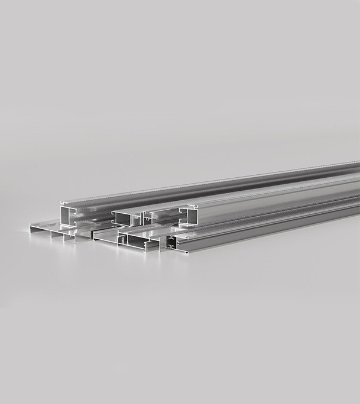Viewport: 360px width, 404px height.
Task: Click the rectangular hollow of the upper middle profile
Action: click(124, 219)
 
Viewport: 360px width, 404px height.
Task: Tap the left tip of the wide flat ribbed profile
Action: click(30, 226)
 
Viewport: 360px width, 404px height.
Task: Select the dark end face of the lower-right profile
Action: click(171, 241)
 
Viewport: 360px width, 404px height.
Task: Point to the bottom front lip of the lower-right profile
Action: click(180, 252)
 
